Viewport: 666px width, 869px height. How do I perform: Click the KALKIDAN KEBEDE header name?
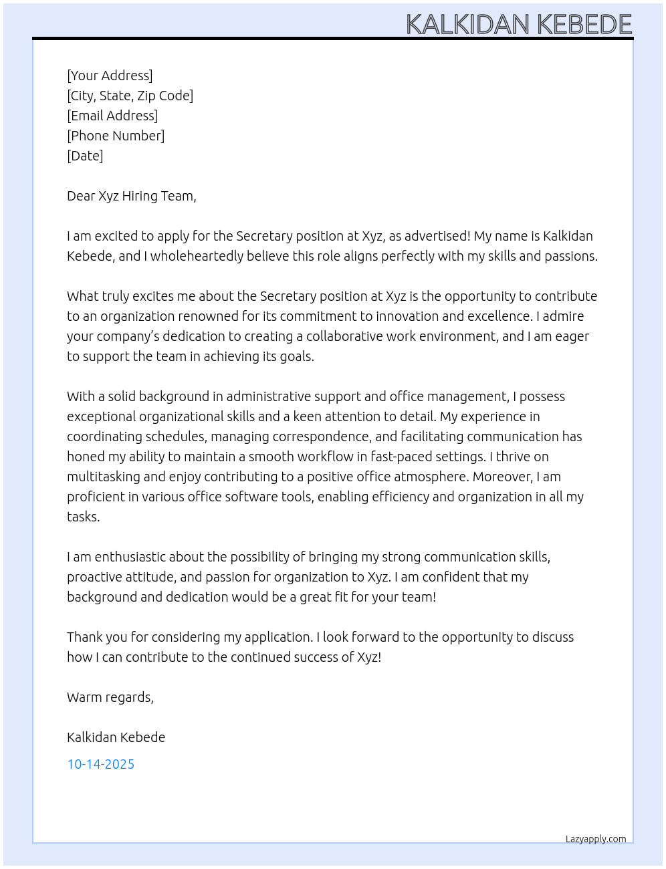click(519, 25)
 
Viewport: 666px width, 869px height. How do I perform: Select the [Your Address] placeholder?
click(110, 76)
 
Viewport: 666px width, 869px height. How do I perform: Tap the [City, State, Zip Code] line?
click(130, 96)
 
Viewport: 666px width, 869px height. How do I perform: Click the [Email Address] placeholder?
click(112, 116)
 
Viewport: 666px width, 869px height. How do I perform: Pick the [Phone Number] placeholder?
click(116, 136)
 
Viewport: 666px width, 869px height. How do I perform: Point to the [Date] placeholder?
click(85, 156)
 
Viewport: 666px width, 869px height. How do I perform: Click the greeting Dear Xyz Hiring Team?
click(131, 196)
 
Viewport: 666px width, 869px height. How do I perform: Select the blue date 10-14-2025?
click(100, 764)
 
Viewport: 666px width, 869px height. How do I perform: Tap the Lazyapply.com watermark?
click(595, 839)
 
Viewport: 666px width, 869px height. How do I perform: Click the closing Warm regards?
click(110, 697)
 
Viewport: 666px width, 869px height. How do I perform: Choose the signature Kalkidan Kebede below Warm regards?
click(116, 737)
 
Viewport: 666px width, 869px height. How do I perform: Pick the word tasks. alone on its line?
click(83, 517)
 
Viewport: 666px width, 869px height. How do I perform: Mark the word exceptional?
click(101, 416)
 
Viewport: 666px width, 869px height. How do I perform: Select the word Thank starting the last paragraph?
click(83, 637)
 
